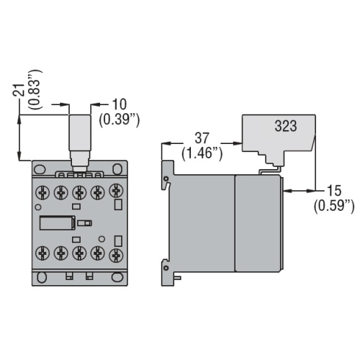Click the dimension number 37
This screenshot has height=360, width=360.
pyautogui.click(x=202, y=138)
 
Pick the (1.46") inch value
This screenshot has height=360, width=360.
pyautogui.click(x=202, y=153)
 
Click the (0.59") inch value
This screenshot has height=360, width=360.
pyautogui.click(x=334, y=207)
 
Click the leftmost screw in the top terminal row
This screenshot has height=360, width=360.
pyautogui.click(x=42, y=194)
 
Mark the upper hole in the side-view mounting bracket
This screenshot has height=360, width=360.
pyautogui.click(x=167, y=179)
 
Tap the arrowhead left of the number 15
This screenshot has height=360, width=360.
pyautogui.click(x=286, y=192)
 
